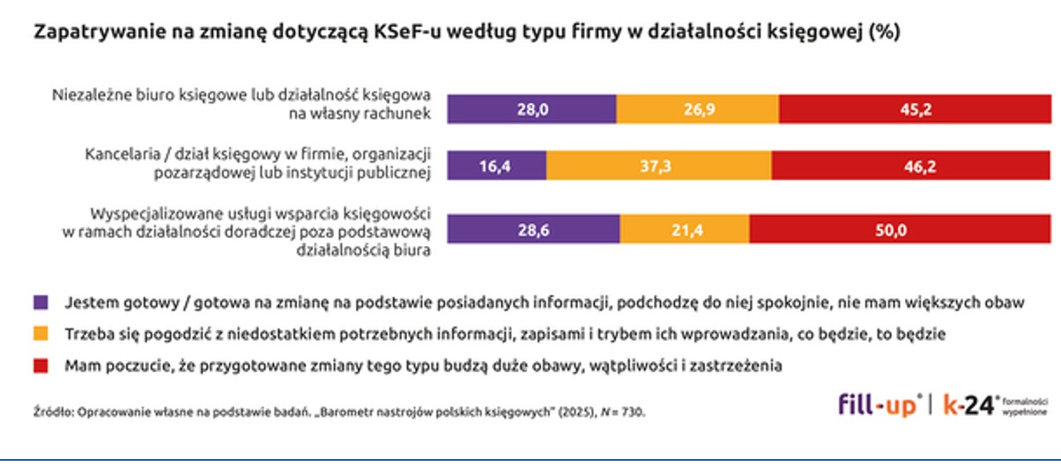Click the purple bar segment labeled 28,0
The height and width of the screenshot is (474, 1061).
(531, 110)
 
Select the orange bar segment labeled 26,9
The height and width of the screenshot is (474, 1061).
(697, 110)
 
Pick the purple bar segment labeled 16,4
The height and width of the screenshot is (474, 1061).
(497, 167)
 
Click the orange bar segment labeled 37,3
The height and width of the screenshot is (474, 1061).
(658, 167)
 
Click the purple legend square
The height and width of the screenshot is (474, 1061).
(40, 302)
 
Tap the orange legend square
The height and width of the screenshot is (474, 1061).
(40, 334)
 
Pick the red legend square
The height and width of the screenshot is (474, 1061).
(40, 365)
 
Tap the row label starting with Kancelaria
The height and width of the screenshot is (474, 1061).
(257, 163)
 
